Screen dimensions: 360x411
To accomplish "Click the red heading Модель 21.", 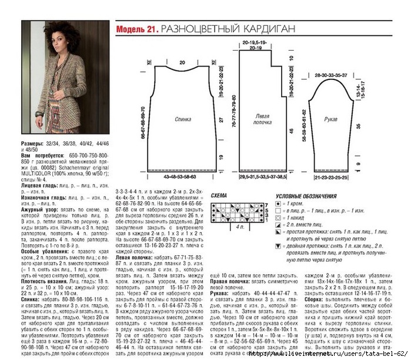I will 137,28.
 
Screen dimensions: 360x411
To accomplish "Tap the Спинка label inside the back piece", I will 183,118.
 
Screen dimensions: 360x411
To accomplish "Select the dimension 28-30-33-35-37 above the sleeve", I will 330,76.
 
